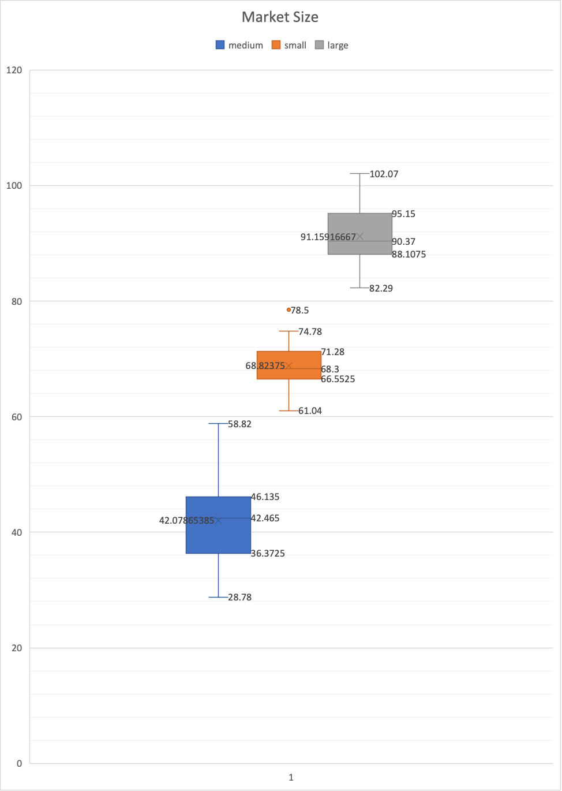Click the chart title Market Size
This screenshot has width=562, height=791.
280,17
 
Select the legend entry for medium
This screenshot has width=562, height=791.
239,45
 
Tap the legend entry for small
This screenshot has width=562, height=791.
289,45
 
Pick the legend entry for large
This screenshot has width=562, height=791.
332,45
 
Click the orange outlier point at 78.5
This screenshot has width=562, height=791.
289,310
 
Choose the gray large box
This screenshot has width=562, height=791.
359,225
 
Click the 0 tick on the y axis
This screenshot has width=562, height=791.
19,763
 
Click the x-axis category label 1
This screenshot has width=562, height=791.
291,777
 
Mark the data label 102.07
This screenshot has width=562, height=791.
384,174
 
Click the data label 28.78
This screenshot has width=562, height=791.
239,597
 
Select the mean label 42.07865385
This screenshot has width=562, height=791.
186,520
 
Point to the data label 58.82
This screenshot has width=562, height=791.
239,424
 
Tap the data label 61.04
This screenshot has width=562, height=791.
310,411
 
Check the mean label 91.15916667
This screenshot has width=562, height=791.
328,237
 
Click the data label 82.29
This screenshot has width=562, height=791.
381,288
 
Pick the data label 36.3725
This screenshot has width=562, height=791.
268,553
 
